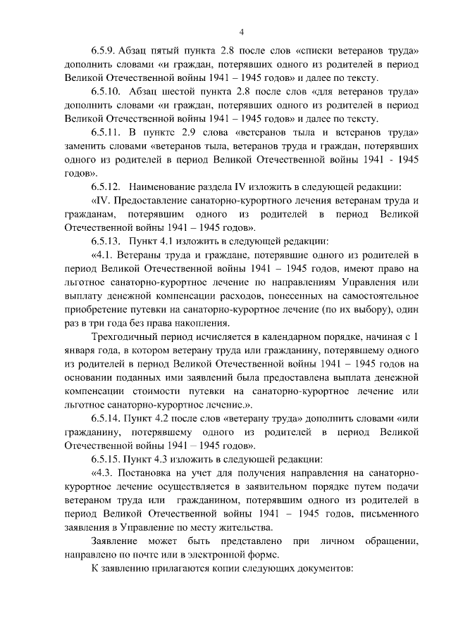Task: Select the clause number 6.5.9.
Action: pyautogui.click(x=104, y=51)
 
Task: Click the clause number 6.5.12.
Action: pyautogui.click(x=106, y=187)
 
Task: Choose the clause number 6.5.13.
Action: pyautogui.click(x=106, y=241)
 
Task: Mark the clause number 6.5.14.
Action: pyautogui.click(x=106, y=418)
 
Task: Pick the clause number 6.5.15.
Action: pyautogui.click(x=106, y=458)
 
